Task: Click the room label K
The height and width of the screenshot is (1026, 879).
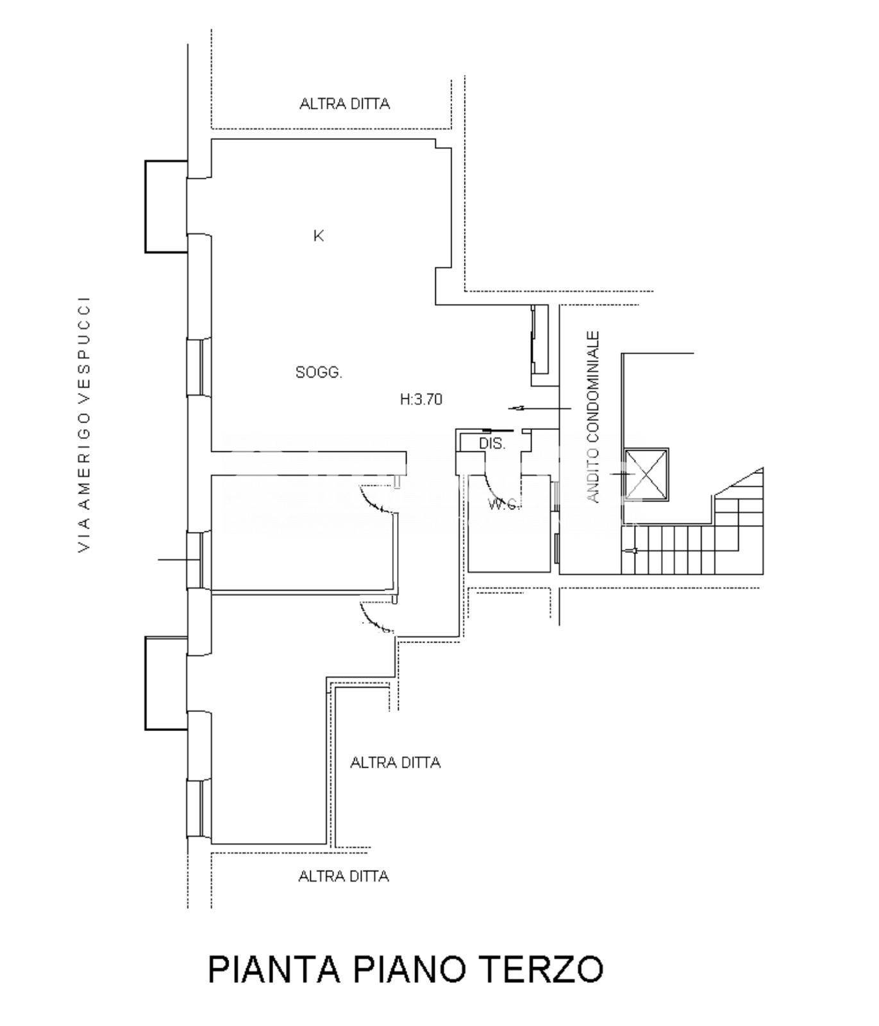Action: pyautogui.click(x=319, y=236)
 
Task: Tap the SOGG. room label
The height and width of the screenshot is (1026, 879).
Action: pyautogui.click(x=319, y=372)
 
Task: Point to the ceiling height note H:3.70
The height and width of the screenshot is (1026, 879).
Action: pyautogui.click(x=421, y=399)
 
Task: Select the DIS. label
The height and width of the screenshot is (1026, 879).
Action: pyautogui.click(x=492, y=443)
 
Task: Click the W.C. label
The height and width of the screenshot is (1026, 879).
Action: pyautogui.click(x=503, y=504)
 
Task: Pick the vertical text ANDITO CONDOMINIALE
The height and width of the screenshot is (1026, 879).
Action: pyautogui.click(x=594, y=417)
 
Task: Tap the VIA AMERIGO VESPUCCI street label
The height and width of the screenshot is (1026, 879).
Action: pyautogui.click(x=84, y=424)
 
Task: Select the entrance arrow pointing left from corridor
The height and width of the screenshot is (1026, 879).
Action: pyautogui.click(x=540, y=408)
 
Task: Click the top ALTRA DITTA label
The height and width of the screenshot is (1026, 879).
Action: pyautogui.click(x=344, y=104)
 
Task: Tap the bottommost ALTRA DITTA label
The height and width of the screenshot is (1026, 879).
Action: pyautogui.click(x=344, y=876)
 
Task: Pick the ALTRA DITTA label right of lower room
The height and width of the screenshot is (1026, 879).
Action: pyautogui.click(x=396, y=762)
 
